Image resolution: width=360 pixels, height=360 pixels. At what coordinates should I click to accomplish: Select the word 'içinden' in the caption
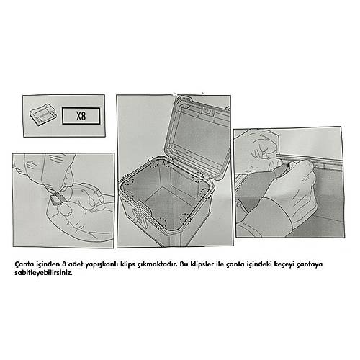point(47,264)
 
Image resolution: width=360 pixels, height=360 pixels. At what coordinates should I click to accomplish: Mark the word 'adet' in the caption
point(78,264)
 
